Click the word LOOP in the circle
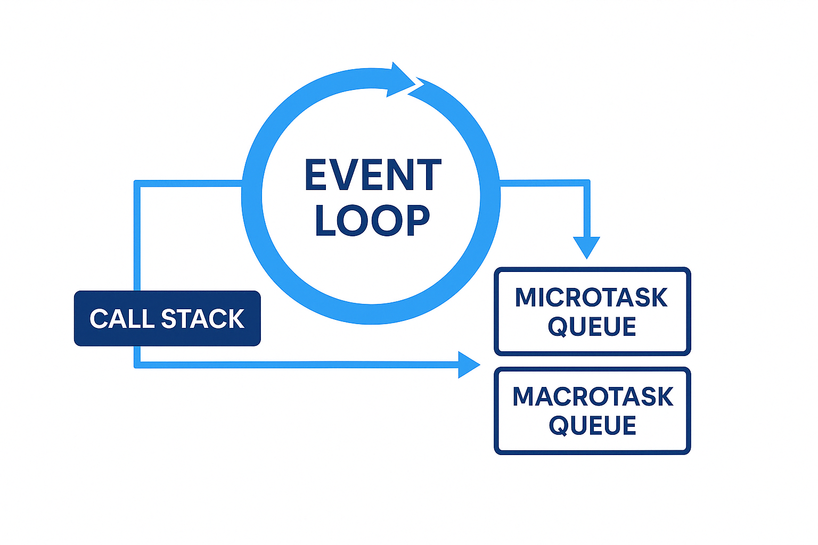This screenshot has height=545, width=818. click(372, 220)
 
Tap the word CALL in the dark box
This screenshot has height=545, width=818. click(122, 319)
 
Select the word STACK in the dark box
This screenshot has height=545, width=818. click(202, 319)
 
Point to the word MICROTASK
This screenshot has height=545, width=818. click(591, 298)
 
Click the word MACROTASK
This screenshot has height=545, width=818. click(593, 397)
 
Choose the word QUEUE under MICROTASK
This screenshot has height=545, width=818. click(592, 326)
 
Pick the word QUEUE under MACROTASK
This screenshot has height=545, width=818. click(593, 425)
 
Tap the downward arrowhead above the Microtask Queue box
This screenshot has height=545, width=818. click(586, 247)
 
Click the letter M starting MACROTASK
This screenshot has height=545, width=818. click(525, 397)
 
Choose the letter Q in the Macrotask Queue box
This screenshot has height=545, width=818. click(560, 426)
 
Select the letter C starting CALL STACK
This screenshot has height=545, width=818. click(100, 319)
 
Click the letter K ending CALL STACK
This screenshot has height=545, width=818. click(234, 319)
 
